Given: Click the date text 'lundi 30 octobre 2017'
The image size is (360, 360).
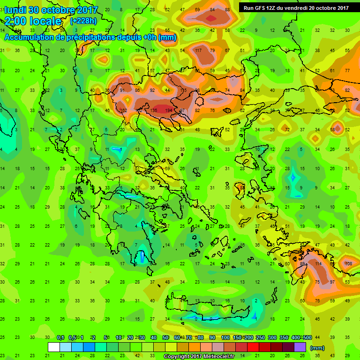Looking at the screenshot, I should (x=51, y=10).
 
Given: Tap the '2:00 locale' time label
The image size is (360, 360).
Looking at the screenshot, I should (x=33, y=21).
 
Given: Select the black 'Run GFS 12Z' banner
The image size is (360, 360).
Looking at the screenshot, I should (x=295, y=7).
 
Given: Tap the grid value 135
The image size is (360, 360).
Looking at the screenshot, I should (x=154, y=110).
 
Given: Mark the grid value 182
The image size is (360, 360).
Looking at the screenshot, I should (x=124, y=110).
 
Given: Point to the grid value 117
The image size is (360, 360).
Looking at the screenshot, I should (x=198, y=50).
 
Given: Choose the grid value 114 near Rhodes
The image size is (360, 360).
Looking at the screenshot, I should (x=319, y=263).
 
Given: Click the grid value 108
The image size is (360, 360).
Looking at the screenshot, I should (x=348, y=263).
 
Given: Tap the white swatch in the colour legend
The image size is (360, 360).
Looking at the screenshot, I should (x=54, y=347).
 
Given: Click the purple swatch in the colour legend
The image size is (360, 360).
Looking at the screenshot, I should (x=300, y=347).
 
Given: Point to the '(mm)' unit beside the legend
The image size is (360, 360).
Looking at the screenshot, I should (x=317, y=348).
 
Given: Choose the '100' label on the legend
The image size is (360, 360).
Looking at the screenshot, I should (x=225, y=338).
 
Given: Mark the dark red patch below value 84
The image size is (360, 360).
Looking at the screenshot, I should (x=212, y=18).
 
